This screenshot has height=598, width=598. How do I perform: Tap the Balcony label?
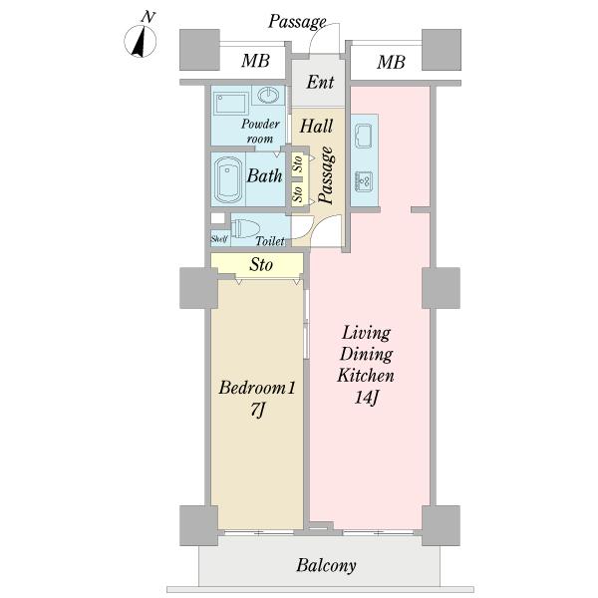327,565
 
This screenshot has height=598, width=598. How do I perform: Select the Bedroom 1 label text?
257,388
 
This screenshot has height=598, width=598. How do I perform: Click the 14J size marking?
366,398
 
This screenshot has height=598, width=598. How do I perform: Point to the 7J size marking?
257,411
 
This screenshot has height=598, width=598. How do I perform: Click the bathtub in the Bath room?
228,180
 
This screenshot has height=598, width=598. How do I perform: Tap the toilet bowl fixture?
245,228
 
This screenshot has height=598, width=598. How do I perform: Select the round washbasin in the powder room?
269,95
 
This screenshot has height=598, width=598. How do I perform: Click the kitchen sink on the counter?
364,137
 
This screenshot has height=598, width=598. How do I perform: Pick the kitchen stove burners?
364,181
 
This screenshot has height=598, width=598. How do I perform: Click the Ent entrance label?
320,83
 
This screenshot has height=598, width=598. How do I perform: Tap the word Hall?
316,127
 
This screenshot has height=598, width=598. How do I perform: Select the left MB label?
255,61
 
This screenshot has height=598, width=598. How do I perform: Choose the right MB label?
391,62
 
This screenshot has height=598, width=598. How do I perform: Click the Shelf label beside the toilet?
219,239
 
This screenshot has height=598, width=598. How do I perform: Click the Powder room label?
260,132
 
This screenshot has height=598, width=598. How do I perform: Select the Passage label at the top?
297,22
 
